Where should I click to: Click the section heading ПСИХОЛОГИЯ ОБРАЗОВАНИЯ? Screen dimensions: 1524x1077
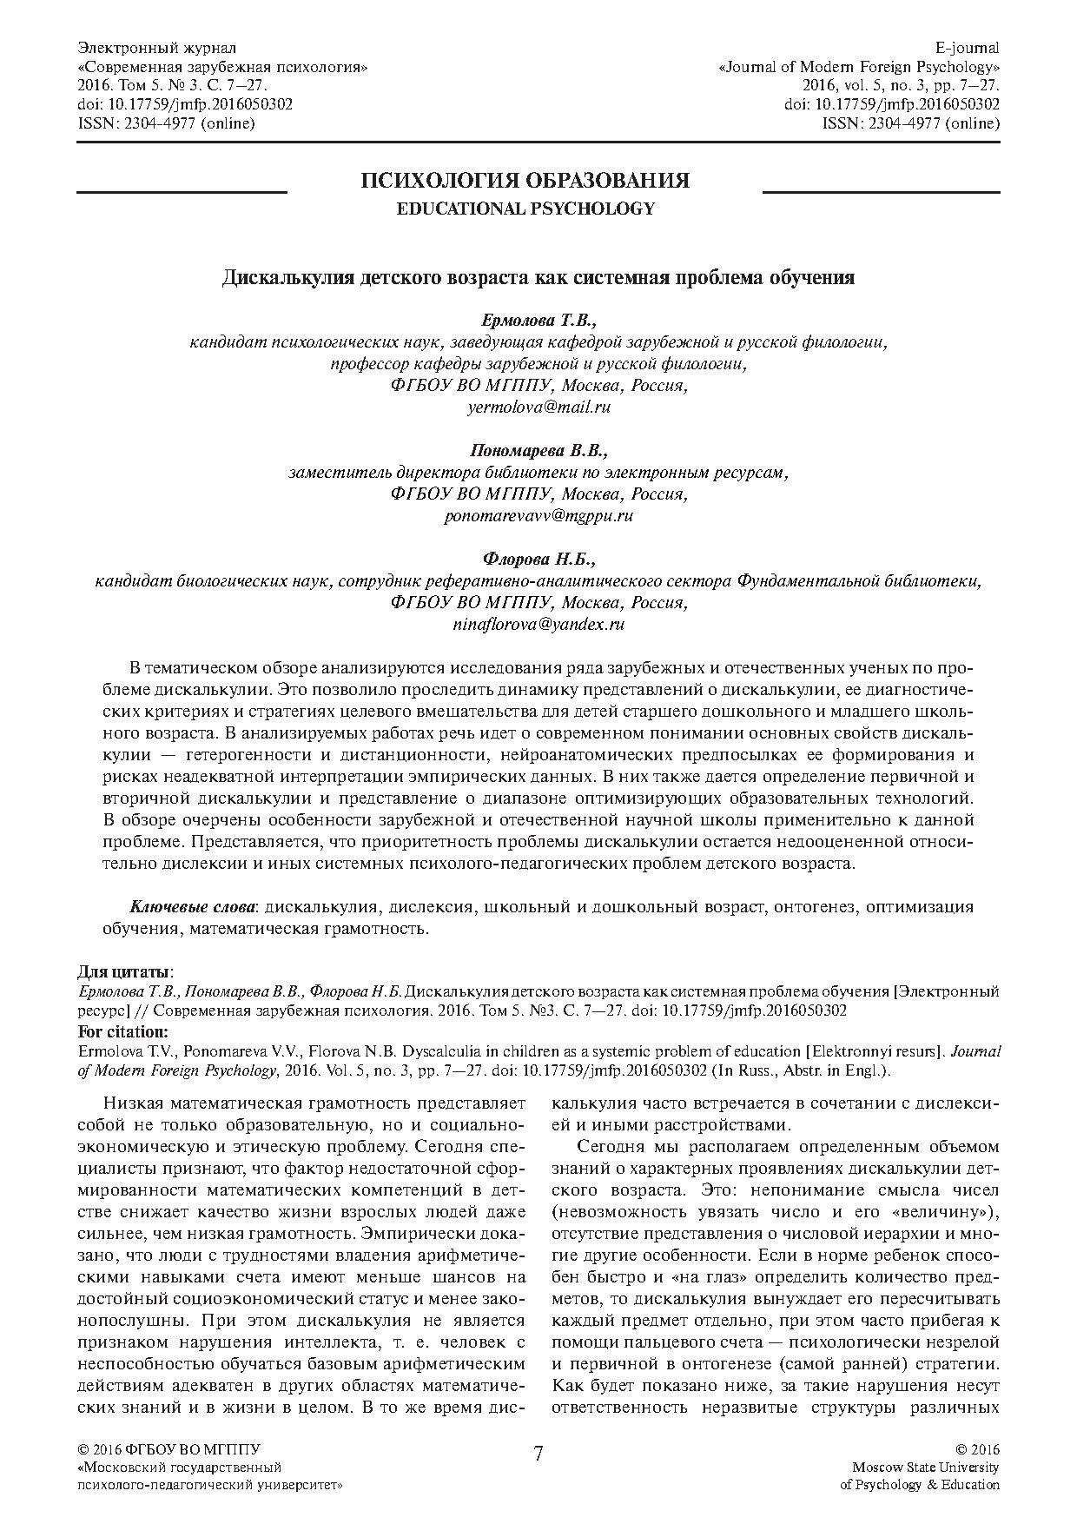point(525,181)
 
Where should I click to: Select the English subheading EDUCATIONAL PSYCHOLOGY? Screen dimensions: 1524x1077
point(525,209)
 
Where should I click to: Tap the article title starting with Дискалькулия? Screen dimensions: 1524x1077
point(538,278)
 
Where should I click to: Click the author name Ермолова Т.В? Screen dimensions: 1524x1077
point(538,322)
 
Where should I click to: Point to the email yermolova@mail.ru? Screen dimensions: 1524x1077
point(538,407)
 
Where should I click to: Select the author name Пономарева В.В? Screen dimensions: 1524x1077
point(538,452)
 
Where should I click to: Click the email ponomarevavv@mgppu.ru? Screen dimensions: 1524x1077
point(538,515)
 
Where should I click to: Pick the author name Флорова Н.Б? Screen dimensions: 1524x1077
point(538,560)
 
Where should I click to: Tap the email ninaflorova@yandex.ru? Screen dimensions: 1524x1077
point(538,623)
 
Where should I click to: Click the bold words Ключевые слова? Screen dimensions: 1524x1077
point(192,907)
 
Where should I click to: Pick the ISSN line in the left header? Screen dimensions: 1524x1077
point(166,123)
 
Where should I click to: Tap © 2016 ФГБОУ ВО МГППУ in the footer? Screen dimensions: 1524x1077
point(169,1449)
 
